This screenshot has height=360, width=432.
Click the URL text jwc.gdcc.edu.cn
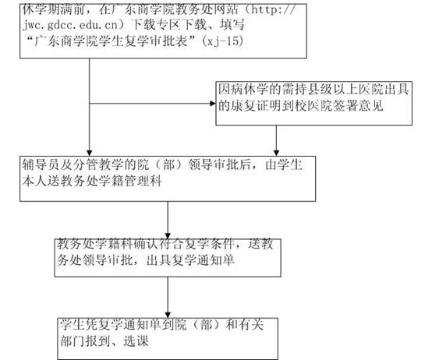click(70, 25)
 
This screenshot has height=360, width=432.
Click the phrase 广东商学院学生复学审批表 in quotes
click(111, 41)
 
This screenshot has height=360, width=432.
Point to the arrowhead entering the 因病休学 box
click(212, 104)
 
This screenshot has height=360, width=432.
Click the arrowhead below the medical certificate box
click(276, 153)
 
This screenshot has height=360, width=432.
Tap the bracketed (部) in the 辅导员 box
click(168, 164)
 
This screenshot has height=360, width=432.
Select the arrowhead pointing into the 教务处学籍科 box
click(168, 235)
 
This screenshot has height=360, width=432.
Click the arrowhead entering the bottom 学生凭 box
click(168, 315)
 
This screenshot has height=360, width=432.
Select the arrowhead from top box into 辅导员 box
click(89, 153)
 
